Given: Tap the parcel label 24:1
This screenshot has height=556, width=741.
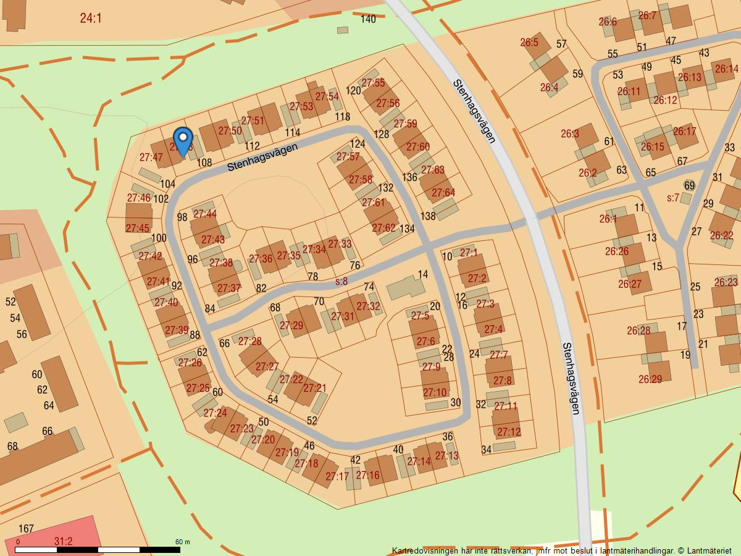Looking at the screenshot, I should [90, 18].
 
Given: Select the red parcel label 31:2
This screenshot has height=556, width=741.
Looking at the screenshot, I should [63, 541].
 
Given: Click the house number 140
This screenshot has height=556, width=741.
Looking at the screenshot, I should [368, 19].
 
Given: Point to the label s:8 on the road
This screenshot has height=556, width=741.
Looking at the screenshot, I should [341, 281].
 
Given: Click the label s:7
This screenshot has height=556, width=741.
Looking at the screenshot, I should [673, 198].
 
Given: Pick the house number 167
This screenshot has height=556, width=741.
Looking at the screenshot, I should [26, 529].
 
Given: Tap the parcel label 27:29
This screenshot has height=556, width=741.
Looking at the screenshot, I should [291, 326].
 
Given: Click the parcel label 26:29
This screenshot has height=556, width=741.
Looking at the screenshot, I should [650, 379].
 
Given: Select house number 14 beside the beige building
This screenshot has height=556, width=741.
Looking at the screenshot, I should [422, 274].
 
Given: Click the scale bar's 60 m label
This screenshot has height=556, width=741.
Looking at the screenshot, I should [182, 542].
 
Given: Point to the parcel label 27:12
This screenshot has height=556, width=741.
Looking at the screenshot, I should [509, 432].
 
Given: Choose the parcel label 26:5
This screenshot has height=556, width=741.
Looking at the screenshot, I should [529, 43].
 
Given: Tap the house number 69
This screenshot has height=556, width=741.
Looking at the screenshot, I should [689, 185].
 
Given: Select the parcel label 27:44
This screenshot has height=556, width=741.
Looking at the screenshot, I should [205, 214].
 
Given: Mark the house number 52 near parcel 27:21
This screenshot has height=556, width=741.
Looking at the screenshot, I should [312, 421].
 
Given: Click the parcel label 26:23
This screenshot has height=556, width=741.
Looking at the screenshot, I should [726, 282].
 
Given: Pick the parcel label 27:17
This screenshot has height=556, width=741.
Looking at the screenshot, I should [337, 476].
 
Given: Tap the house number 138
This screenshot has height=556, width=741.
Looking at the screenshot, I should [428, 216].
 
